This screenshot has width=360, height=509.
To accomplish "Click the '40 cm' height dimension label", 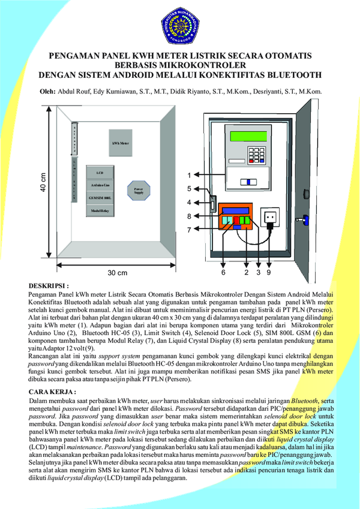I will [x=43, y=183].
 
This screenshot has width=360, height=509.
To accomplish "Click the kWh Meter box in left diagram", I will [x=120, y=144].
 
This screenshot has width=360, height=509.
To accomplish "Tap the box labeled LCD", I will [x=100, y=173].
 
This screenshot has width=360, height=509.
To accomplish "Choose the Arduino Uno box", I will [x=100, y=185].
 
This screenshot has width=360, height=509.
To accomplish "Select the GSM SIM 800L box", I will [x=100, y=198].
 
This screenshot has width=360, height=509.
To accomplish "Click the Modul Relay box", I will [x=100, y=211].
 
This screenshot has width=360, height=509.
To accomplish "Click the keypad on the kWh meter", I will [x=259, y=154].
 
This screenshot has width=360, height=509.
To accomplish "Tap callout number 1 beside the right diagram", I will [x=188, y=176].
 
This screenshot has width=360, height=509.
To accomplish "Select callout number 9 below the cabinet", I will [x=269, y=272].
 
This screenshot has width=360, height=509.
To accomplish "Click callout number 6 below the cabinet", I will [x=223, y=272].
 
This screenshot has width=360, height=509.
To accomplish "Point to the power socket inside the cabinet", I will [x=271, y=215].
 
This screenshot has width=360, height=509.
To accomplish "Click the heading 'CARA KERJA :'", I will [x=52, y=391].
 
